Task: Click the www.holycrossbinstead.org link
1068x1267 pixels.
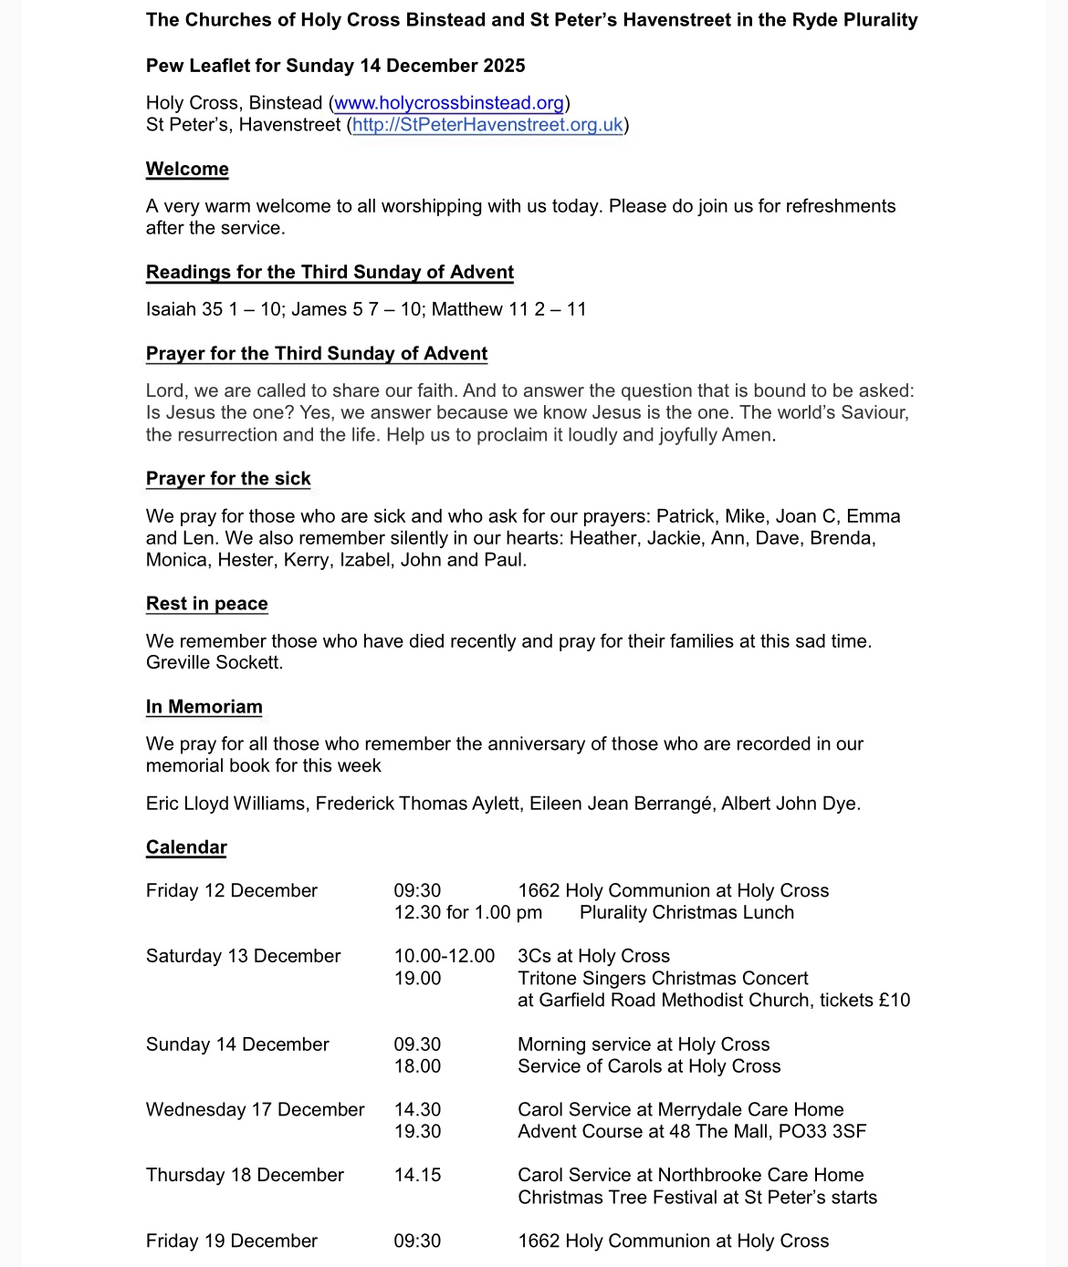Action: [449, 103]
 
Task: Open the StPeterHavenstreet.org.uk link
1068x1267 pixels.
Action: [487, 125]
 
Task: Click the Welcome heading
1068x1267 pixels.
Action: [187, 170]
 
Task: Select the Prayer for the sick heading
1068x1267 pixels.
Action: [228, 479]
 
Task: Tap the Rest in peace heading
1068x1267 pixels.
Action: [207, 604]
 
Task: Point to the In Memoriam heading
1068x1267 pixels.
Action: [204, 707]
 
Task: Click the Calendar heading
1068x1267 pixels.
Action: [186, 847]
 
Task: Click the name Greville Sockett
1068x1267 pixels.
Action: [215, 663]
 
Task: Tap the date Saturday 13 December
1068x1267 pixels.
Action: [243, 956]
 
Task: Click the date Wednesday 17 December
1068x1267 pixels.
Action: [255, 1110]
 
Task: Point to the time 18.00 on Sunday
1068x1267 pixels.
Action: [417, 1066]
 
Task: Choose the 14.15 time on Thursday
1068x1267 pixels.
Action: [417, 1175]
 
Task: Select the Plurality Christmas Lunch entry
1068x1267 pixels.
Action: [686, 913]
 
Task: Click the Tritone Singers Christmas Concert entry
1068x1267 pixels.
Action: [663, 979]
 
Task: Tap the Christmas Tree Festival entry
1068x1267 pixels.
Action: [697, 1198]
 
